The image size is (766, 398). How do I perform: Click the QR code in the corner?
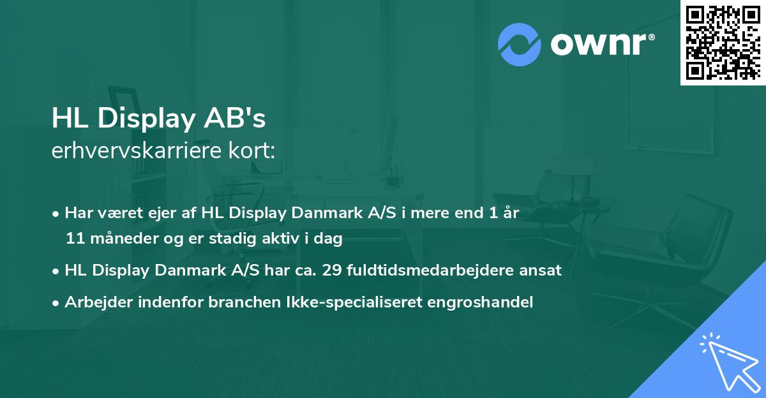click(723, 42)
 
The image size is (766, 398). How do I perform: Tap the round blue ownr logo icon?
click(520, 45)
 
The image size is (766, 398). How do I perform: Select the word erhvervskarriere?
click(139, 151)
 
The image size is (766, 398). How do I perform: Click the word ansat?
click(542, 270)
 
